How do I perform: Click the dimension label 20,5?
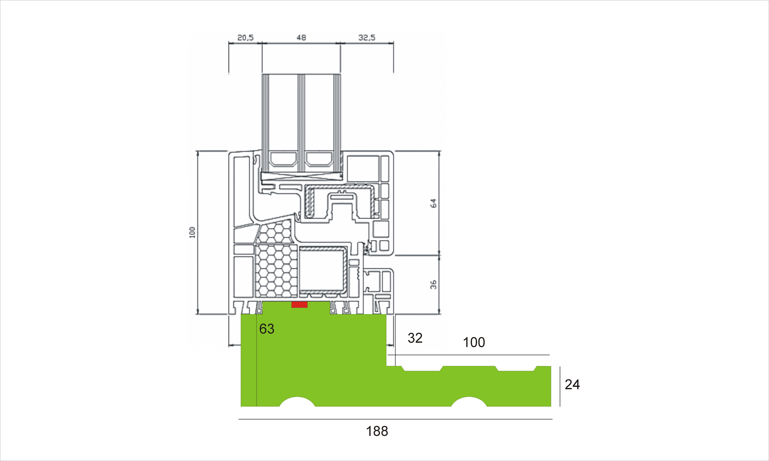coord(245,38)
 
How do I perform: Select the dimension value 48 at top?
coord(301,38)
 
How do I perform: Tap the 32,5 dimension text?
coord(367,38)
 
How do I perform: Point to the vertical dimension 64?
coord(434,203)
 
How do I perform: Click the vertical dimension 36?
coord(434,284)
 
